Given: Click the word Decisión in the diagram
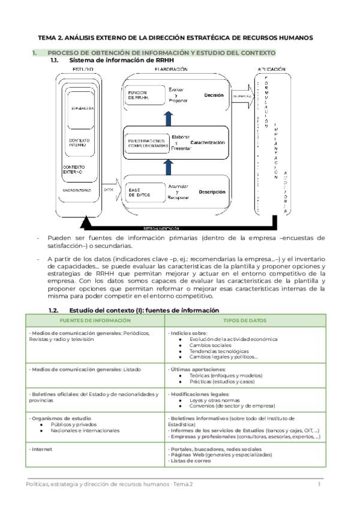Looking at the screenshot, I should (x=214, y=95).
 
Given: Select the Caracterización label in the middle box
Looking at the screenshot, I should (x=208, y=142).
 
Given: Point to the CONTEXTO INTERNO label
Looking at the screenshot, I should (x=75, y=142).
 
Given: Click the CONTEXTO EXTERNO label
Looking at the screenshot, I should (x=74, y=169).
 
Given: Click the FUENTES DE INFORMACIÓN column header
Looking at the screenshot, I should (x=94, y=320).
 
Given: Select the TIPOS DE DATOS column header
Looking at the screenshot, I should (x=245, y=320).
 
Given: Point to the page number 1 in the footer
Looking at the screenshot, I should (x=319, y=484).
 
